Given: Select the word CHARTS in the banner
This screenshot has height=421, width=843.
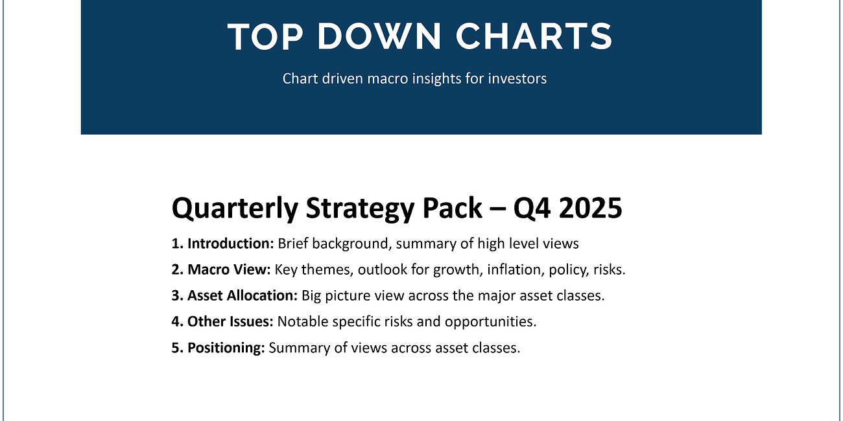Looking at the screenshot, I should [534, 37].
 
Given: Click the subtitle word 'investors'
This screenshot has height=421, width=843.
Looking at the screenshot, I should [517, 78].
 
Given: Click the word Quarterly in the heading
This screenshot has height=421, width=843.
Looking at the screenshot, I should [233, 209].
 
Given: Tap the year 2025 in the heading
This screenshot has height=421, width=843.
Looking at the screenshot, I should [590, 209].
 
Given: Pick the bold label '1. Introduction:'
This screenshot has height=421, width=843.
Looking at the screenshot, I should [222, 244].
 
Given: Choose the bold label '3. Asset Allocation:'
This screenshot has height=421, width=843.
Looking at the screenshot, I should [234, 295].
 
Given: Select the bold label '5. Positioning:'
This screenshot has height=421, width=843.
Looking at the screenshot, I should [218, 348].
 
